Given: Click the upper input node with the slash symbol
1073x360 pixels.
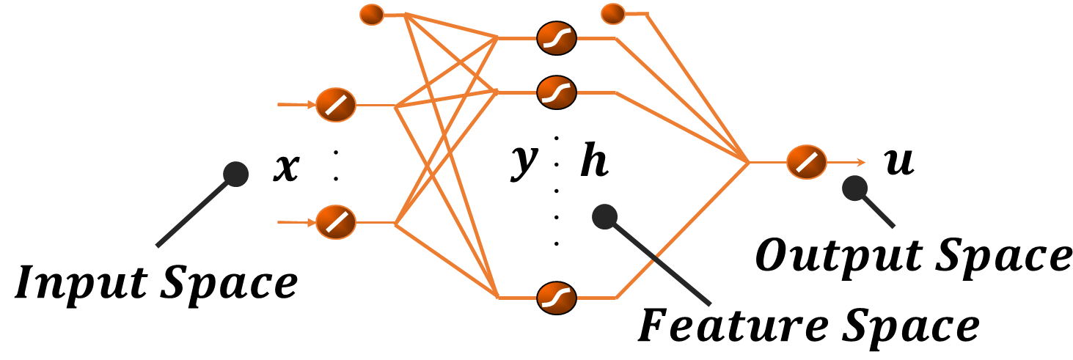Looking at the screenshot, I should point(336,105).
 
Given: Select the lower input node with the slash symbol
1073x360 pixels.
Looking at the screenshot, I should point(336,222).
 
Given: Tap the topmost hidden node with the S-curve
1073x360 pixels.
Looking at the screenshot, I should point(557,38).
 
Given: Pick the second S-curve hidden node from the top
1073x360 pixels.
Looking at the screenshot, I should point(557,92).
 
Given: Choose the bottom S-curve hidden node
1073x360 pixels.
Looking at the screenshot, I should point(557,298).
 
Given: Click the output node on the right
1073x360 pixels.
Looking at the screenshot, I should point(807,162).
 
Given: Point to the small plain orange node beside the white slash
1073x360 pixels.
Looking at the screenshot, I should point(372,15).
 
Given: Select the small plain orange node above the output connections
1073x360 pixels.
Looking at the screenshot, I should point(613,14).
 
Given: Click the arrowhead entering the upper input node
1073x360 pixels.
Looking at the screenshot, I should point(311,105).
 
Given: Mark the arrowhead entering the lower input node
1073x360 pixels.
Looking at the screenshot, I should point(311,222).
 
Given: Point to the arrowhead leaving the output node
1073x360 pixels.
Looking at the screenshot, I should point(861,163).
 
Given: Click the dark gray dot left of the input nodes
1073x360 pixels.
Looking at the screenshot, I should point(236,174).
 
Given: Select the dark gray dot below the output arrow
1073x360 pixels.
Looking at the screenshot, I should point(854,188).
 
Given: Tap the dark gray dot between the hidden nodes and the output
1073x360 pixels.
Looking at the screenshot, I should point(604,216).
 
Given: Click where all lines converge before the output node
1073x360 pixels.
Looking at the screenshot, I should point(748,162).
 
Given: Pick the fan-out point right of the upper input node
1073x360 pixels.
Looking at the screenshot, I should point(396,106).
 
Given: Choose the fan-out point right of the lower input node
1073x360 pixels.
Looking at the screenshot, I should point(396,223).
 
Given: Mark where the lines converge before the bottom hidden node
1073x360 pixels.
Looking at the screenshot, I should point(499,297).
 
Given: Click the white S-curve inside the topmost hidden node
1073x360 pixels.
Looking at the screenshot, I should point(557,38).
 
